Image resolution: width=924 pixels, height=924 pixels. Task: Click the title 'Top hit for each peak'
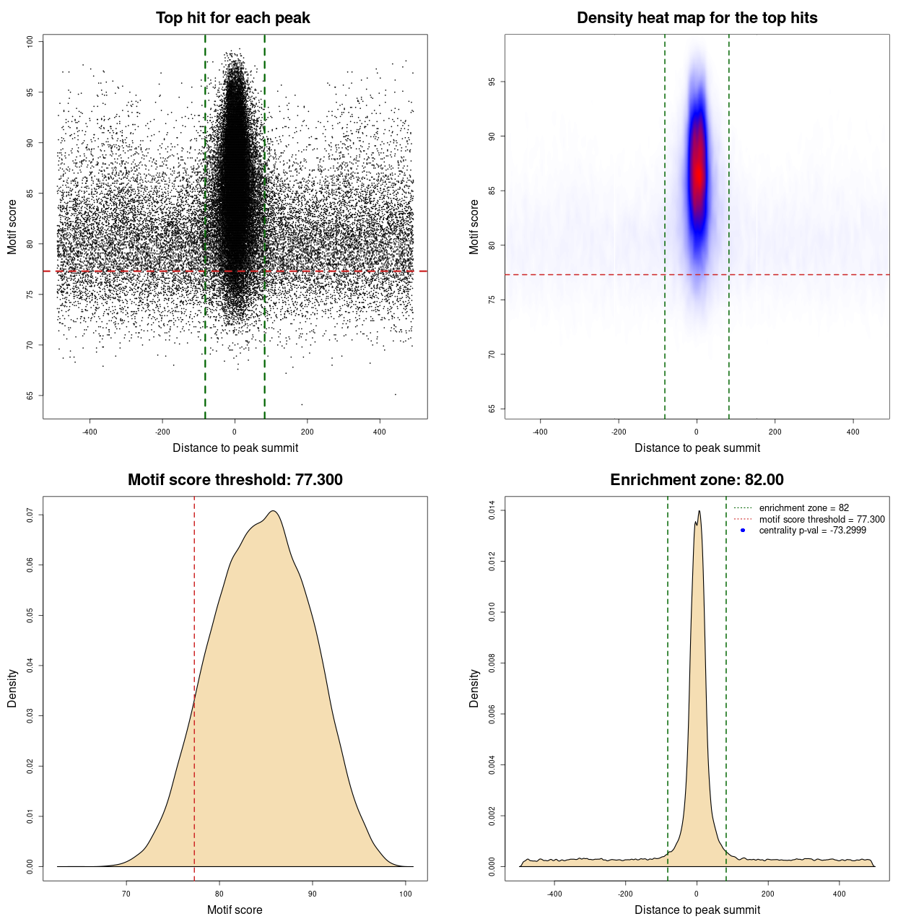[x=232, y=18]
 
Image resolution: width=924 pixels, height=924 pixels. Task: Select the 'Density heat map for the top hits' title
[x=697, y=18]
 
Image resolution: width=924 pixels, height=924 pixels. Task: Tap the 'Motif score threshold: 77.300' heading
[x=235, y=480]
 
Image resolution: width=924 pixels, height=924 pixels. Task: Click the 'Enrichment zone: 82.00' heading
[x=697, y=480]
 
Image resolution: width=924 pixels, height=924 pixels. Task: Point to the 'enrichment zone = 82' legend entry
[x=803, y=508]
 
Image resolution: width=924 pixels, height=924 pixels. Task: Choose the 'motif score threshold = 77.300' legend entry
[x=821, y=519]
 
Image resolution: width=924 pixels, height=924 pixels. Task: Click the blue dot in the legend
[x=743, y=531]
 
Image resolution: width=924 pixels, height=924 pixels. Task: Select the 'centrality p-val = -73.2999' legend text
[x=812, y=531]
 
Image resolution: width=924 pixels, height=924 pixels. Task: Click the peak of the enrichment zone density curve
[x=699, y=511]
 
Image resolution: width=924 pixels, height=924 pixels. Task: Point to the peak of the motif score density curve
[x=273, y=511]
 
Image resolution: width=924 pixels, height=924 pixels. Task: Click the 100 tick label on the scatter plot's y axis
[x=30, y=42]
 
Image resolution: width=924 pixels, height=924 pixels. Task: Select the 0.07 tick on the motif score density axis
[x=30, y=515]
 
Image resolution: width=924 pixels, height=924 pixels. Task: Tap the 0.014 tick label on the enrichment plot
[x=492, y=510]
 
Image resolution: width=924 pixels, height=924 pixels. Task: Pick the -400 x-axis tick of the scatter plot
[x=90, y=432]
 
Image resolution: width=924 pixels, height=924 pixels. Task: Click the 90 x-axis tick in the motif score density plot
[x=313, y=894]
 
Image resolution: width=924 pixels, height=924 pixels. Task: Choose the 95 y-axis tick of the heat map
[x=492, y=82]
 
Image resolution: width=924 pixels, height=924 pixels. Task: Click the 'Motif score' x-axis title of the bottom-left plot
[x=235, y=910]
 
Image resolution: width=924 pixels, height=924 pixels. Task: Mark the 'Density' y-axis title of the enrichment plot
[x=474, y=688]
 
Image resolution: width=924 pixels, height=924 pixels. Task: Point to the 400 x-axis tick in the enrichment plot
[x=839, y=894]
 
